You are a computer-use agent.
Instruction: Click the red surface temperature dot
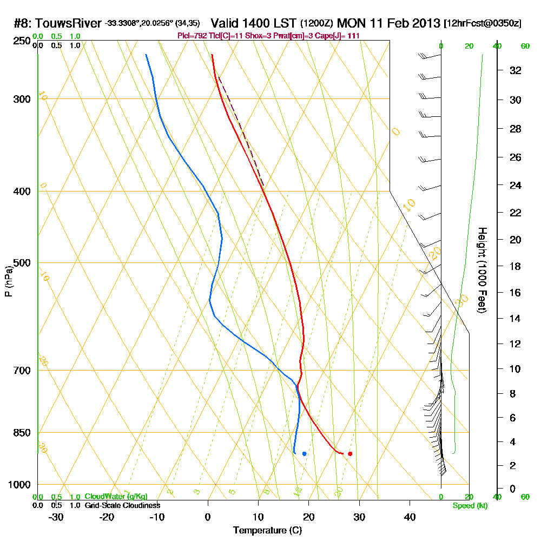click(x=350, y=453)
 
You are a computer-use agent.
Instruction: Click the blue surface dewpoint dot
click(x=305, y=453)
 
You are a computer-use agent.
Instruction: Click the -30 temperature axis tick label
click(x=56, y=517)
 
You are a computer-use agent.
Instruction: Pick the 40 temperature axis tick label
click(x=410, y=517)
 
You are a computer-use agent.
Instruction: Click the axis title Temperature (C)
click(x=267, y=531)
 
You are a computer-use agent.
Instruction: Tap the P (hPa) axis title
click(x=8, y=281)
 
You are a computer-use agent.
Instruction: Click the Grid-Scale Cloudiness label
click(x=122, y=505)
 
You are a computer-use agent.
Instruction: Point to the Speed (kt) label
click(x=469, y=506)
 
